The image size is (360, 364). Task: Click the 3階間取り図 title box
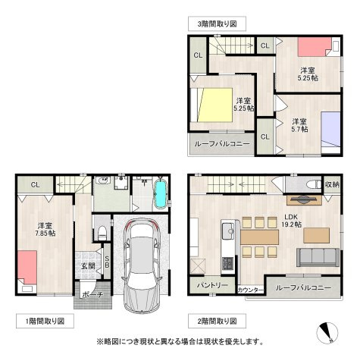217,24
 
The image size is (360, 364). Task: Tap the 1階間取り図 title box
45,321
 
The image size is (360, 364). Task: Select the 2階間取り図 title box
217,321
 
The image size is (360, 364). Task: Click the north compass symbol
327,333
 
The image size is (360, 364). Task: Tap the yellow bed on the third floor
214,105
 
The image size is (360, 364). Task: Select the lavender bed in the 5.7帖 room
331,129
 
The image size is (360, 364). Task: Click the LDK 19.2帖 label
291,221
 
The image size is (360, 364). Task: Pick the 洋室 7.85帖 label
45,229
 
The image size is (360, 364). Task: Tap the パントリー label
212,285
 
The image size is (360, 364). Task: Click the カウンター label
251,290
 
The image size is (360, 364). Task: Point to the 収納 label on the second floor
332,184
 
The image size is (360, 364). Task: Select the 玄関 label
88,266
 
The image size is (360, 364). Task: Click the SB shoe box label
107,262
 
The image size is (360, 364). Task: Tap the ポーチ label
92,295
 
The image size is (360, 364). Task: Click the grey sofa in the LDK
318,257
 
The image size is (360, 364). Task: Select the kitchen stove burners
228,264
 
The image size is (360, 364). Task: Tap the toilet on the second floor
314,184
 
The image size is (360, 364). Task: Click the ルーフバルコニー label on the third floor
222,144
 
